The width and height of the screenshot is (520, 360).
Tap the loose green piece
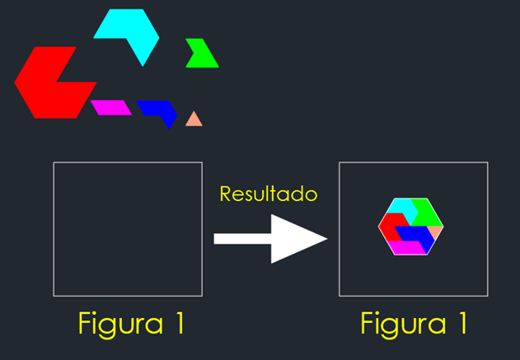pos(200,56)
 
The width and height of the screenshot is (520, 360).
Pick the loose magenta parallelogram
pos(111,107)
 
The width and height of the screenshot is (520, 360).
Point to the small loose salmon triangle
pos(194,120)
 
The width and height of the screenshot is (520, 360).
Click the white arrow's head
pos(301,239)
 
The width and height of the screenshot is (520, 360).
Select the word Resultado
pos(268,194)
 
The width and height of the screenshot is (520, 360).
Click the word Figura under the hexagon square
pos(396,323)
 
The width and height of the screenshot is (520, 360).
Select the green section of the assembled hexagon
pos(427,212)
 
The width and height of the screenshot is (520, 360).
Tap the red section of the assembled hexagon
pos(388,226)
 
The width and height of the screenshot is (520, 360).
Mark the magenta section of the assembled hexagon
pos(406,247)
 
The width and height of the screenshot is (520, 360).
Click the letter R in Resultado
pos(226,194)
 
